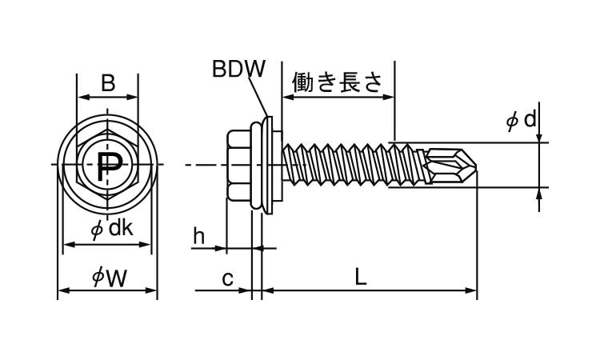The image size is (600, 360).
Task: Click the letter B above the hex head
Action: point(108,82)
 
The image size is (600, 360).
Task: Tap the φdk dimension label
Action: point(110,230)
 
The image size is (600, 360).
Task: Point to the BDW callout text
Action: point(238,70)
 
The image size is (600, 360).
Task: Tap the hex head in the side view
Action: point(239,166)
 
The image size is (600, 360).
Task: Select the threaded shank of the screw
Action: point(352,166)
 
